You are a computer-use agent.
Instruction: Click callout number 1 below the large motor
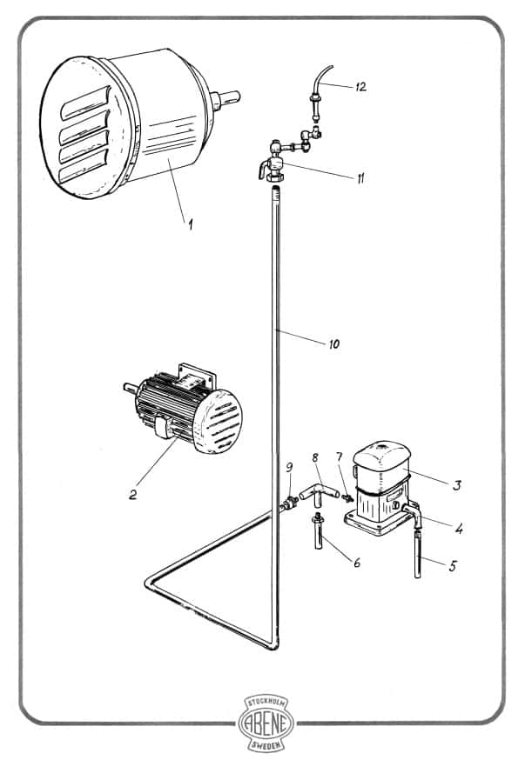[190, 224]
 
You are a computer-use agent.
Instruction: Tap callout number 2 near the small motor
[133, 494]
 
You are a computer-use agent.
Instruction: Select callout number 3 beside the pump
[456, 485]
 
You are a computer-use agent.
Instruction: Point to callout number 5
[453, 565]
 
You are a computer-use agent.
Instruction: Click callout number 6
[357, 563]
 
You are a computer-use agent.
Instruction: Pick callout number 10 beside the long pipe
[334, 344]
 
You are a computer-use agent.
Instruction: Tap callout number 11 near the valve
[360, 179]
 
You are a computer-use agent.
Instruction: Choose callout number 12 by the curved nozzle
[361, 87]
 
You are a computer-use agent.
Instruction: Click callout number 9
[290, 467]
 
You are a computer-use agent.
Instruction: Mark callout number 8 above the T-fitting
[315, 457]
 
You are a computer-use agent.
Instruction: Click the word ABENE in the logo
[266, 723]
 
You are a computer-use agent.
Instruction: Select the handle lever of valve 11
[264, 170]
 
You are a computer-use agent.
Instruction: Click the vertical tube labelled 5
[418, 554]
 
